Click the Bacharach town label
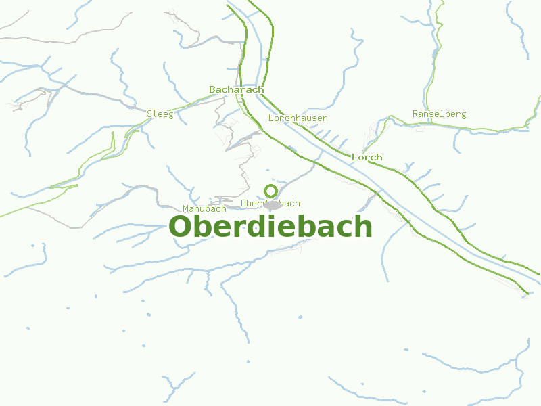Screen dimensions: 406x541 236,89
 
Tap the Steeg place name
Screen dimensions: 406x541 160,114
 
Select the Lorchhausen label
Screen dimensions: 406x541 298,118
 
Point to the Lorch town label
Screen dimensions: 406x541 367,157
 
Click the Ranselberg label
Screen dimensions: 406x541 439,114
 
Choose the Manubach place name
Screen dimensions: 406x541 204,208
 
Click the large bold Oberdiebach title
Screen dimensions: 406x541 270,227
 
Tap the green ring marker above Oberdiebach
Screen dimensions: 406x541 270,191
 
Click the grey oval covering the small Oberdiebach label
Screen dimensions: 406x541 273,204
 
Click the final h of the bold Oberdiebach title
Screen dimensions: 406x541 363,227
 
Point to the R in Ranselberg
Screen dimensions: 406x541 416,114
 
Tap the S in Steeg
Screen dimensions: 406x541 149,114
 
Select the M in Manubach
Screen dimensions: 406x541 186,208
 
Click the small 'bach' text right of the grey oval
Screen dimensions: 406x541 291,203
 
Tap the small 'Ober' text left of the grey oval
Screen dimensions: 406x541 251,203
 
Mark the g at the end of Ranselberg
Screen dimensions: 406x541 463,115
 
